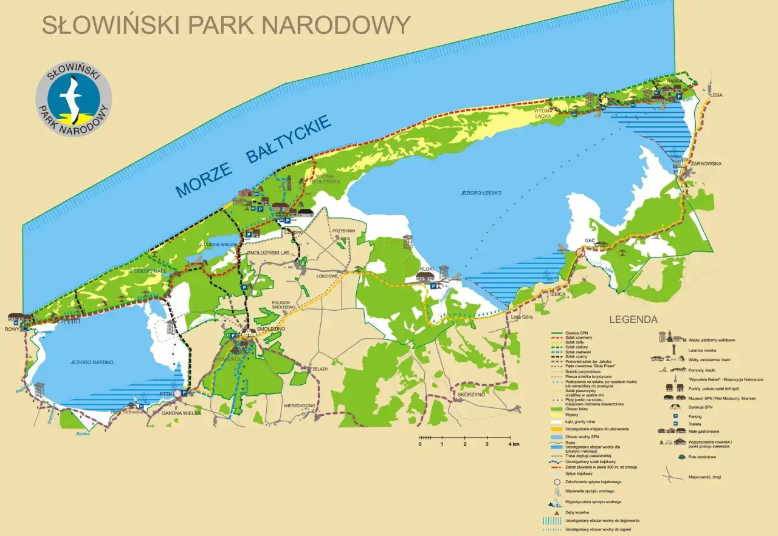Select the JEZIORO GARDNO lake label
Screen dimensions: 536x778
click(x=92, y=362)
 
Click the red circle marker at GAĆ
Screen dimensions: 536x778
click(x=580, y=253)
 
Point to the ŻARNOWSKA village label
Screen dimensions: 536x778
click(x=704, y=163)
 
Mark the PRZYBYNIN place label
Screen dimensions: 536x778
click(x=343, y=231)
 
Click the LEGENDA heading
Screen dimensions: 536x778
click(x=633, y=319)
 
